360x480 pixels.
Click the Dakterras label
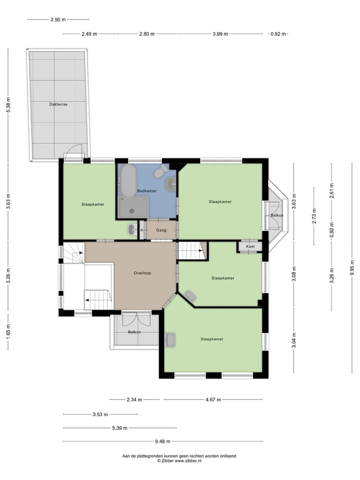[x=58, y=104]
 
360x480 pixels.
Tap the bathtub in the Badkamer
[x=128, y=180]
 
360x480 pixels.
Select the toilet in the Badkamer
[x=161, y=171]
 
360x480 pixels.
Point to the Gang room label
[x=161, y=230]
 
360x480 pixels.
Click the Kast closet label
[x=250, y=246]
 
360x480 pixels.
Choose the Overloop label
[x=142, y=273]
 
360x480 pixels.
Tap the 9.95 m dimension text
[x=352, y=267]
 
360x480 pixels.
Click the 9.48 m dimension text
[x=162, y=441]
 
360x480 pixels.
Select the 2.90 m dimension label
[x=58, y=19]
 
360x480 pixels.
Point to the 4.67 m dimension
[x=213, y=399]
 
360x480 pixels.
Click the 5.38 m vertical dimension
[x=8, y=104]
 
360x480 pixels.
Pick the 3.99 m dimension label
[x=220, y=34]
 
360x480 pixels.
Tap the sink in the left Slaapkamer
[x=132, y=229]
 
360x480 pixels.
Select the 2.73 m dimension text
[x=314, y=216]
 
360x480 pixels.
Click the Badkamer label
[x=147, y=191]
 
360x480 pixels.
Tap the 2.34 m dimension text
[x=134, y=399]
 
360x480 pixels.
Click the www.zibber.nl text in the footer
[x=188, y=460]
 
